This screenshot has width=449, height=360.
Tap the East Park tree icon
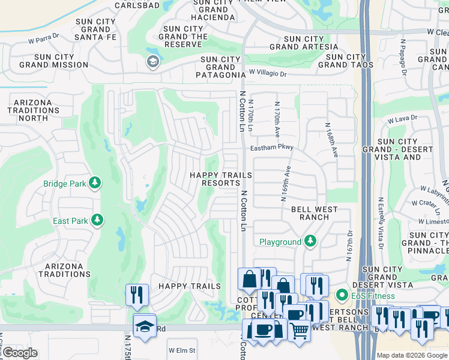point(97,220)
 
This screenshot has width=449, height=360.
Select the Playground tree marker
point(310,242)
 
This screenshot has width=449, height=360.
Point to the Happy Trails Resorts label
point(220,179)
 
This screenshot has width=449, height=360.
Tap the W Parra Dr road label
point(44,42)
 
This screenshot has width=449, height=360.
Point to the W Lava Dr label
point(402,120)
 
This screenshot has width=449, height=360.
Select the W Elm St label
point(182,350)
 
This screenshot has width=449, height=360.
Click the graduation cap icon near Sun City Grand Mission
point(152,61)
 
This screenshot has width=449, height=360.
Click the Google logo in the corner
point(20,353)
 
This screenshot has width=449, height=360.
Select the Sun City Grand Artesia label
point(300,43)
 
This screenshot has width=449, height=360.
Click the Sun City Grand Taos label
point(346,61)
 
